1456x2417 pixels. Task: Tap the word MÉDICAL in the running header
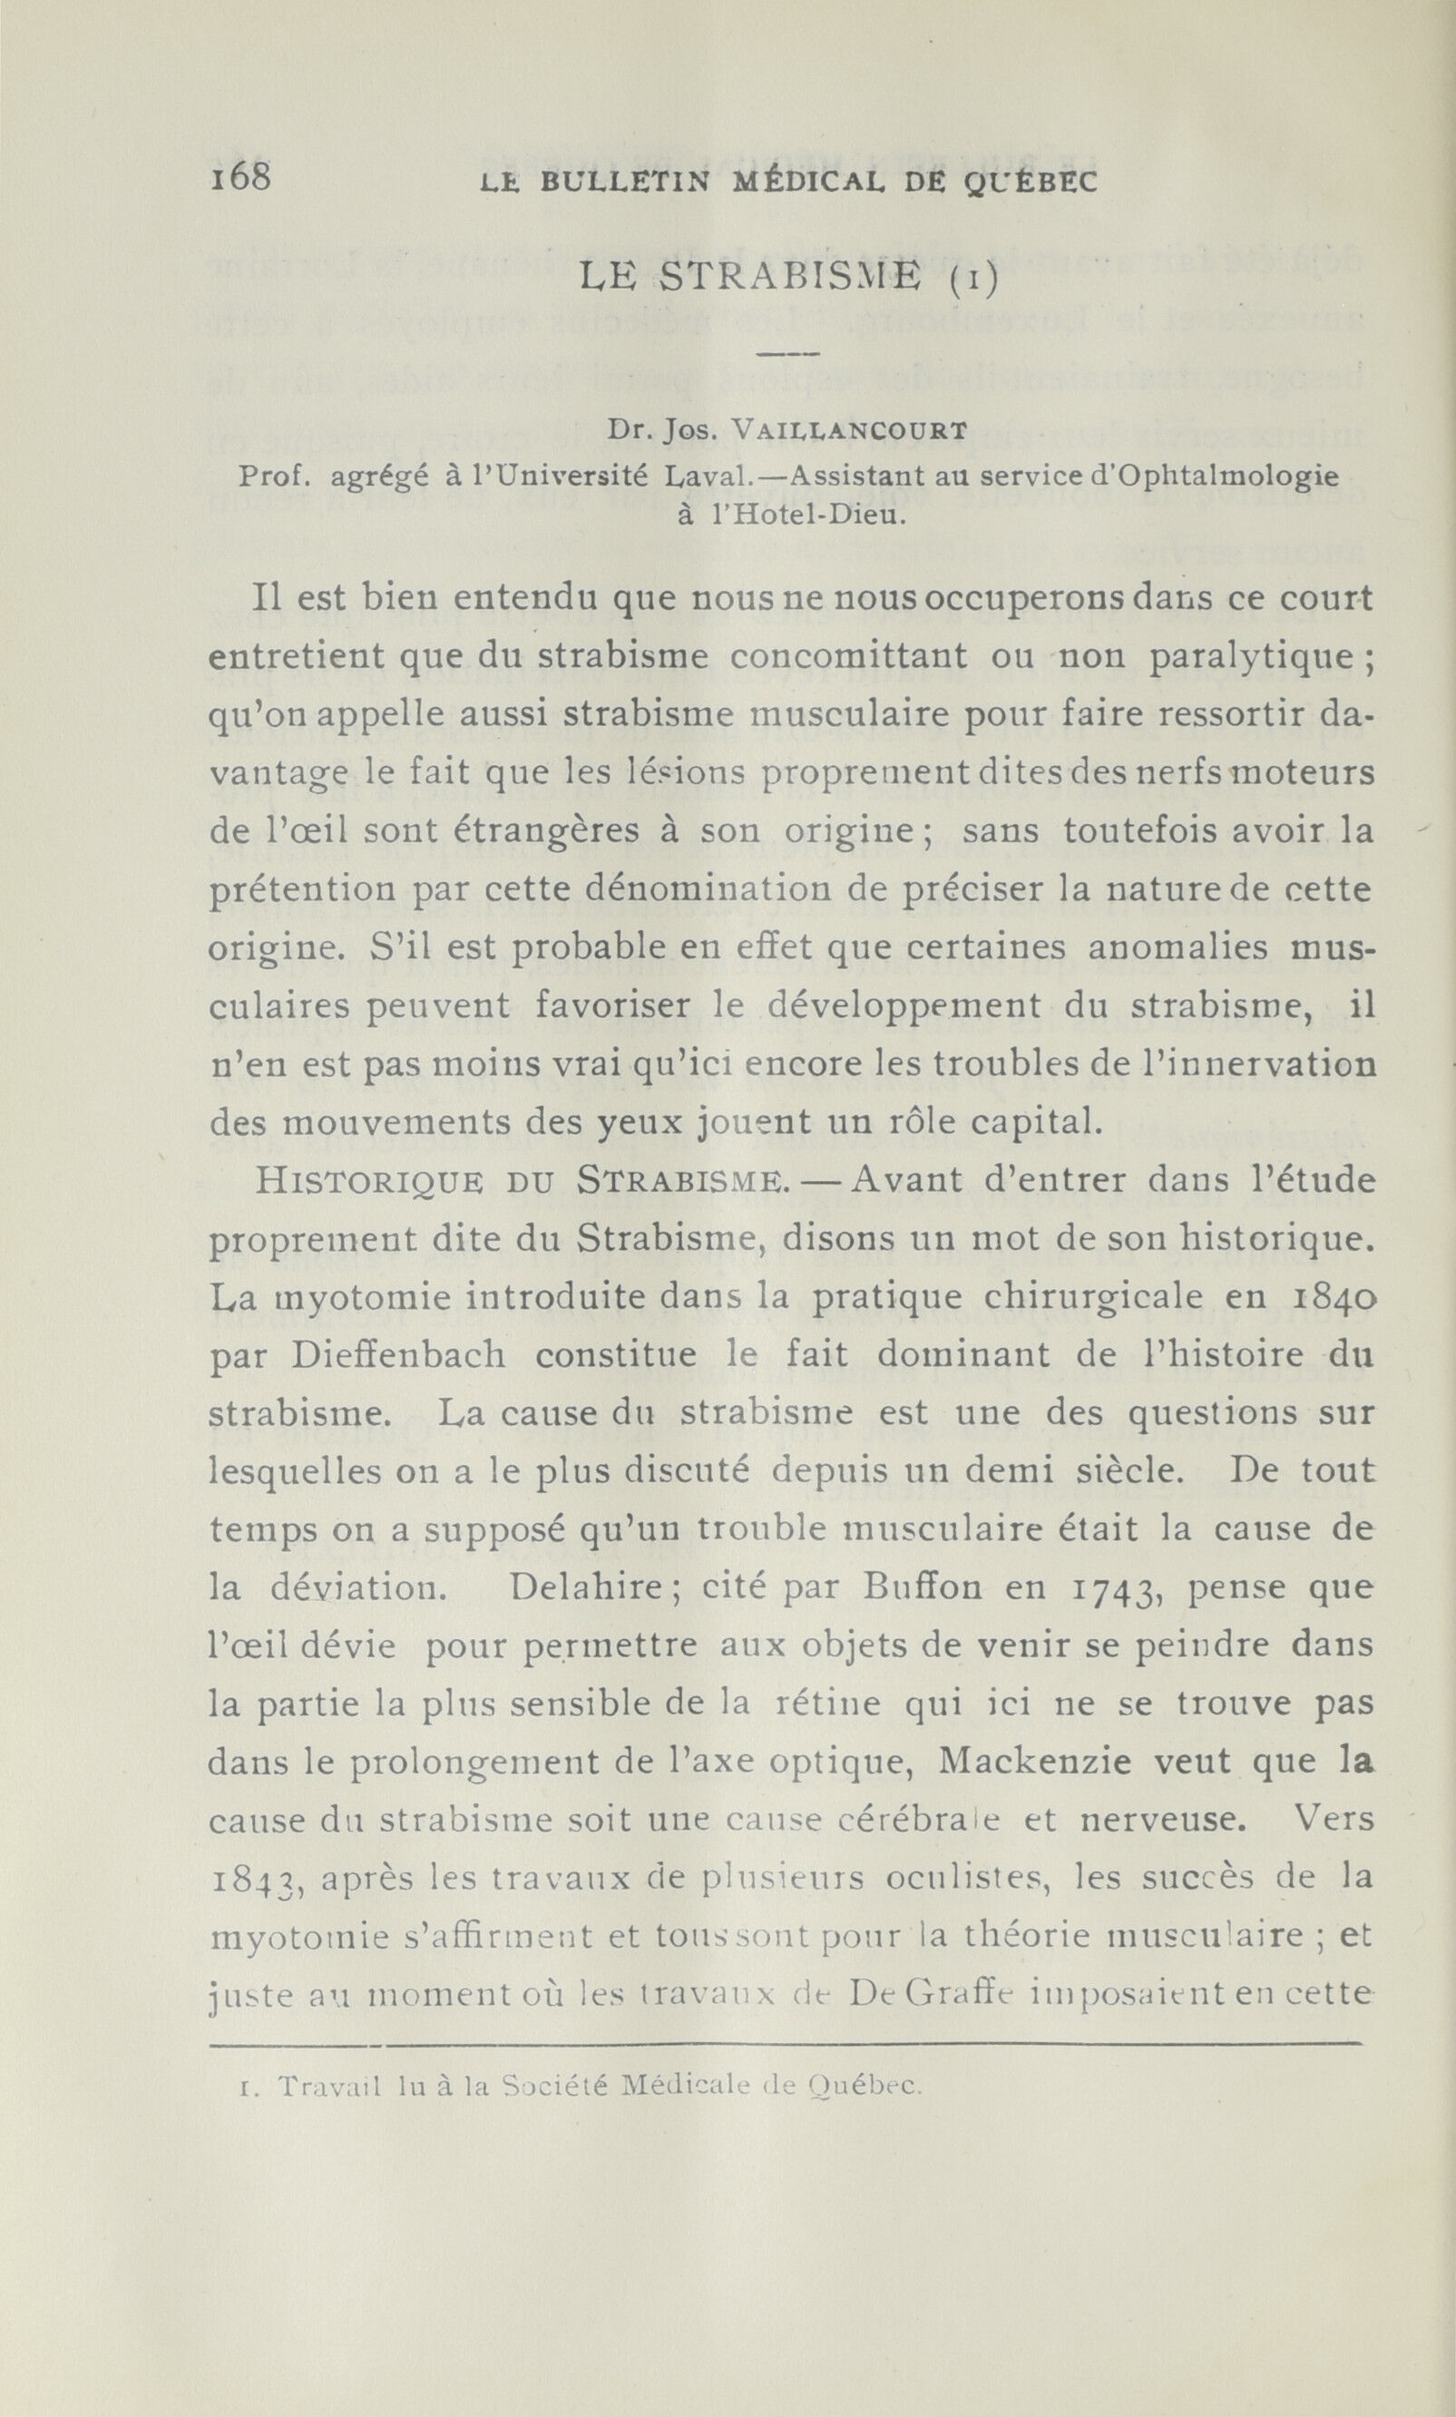pos(792,182)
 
